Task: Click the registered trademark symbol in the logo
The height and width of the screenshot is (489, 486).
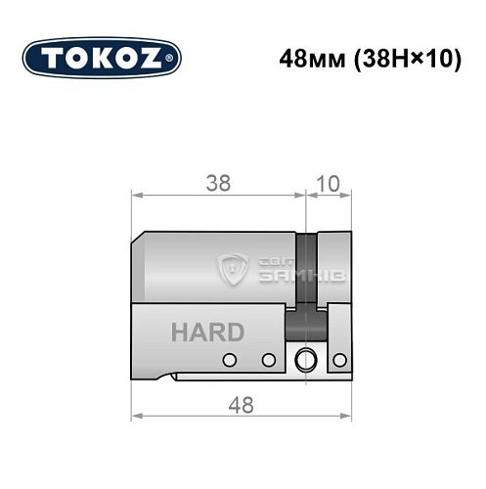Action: (x=173, y=59)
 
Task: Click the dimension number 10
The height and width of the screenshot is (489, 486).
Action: (x=329, y=183)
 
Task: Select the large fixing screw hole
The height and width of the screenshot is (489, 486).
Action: (x=309, y=358)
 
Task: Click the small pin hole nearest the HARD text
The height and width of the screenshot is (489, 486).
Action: (x=233, y=359)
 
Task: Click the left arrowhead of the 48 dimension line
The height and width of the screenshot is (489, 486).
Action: (x=135, y=415)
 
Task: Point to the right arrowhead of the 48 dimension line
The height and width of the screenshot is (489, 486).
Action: (x=347, y=415)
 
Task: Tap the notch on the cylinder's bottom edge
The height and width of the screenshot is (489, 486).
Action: (x=173, y=377)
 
